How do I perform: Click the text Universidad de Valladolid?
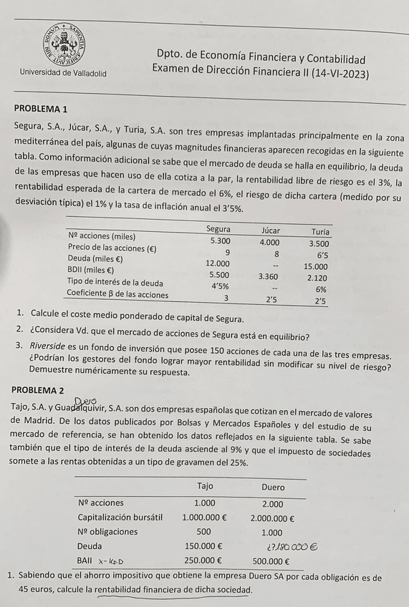(x=64, y=73)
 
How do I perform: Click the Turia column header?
(x=320, y=232)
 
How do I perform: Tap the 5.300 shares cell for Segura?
(x=220, y=241)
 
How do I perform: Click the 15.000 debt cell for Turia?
(x=316, y=266)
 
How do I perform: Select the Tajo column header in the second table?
(x=205, y=486)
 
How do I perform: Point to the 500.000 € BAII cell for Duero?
(x=271, y=561)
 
